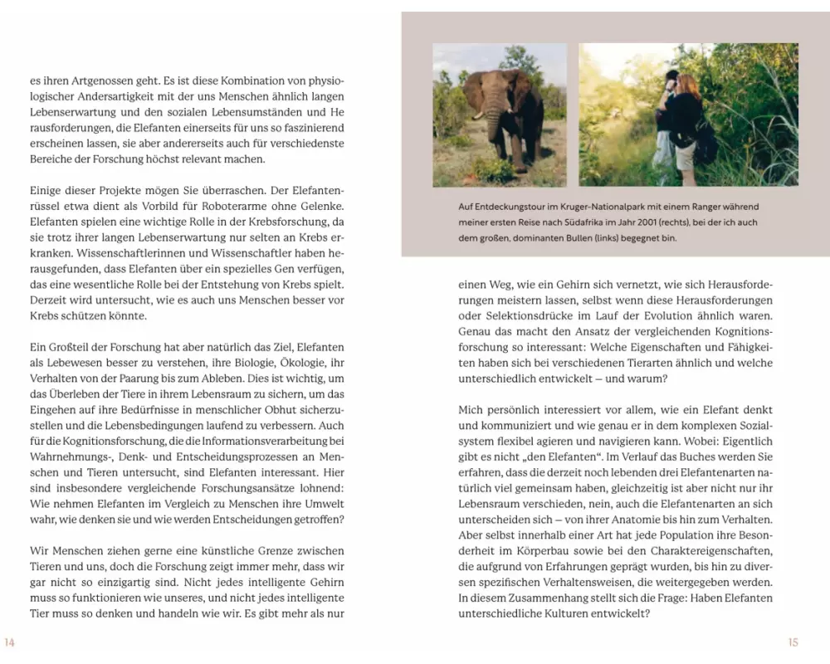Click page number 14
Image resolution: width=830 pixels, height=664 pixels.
(x=10, y=642)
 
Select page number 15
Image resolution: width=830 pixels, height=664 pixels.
(x=793, y=642)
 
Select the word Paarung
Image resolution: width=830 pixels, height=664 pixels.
(x=138, y=378)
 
